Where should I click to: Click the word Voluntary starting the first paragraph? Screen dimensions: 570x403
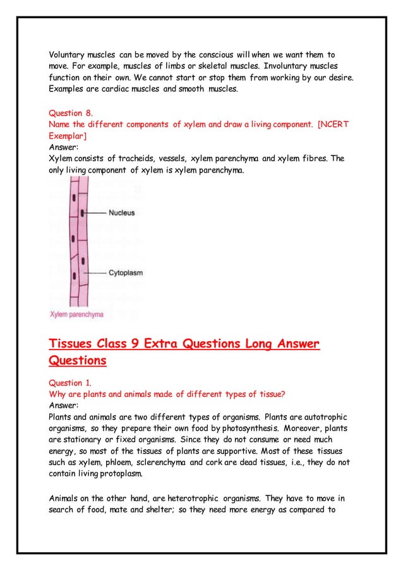68,54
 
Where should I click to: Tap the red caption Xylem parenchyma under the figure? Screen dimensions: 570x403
76,313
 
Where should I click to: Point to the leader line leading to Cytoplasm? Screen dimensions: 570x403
95,273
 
